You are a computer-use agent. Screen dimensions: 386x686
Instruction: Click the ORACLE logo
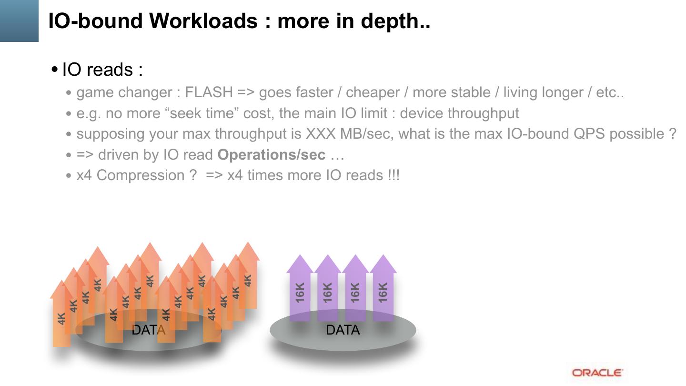pos(597,373)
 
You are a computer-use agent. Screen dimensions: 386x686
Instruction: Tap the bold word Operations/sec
pos(272,154)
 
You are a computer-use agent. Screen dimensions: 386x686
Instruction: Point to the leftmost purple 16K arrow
pos(300,291)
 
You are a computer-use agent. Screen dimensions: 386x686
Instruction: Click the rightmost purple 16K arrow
pos(383,291)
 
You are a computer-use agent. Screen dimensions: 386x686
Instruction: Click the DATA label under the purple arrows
pos(343,330)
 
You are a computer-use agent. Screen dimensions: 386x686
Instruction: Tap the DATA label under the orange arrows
pos(148,330)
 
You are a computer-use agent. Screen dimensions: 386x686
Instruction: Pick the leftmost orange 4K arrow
pos(61,315)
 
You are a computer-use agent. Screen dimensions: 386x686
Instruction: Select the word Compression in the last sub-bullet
pos(141,175)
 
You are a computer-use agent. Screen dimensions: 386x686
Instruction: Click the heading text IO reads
pos(102,70)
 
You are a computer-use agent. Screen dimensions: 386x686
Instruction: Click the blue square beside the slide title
pos(19,20)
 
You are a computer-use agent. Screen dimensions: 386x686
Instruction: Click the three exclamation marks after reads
pos(394,175)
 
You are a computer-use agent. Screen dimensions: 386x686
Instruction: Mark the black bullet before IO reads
pos(54,70)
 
